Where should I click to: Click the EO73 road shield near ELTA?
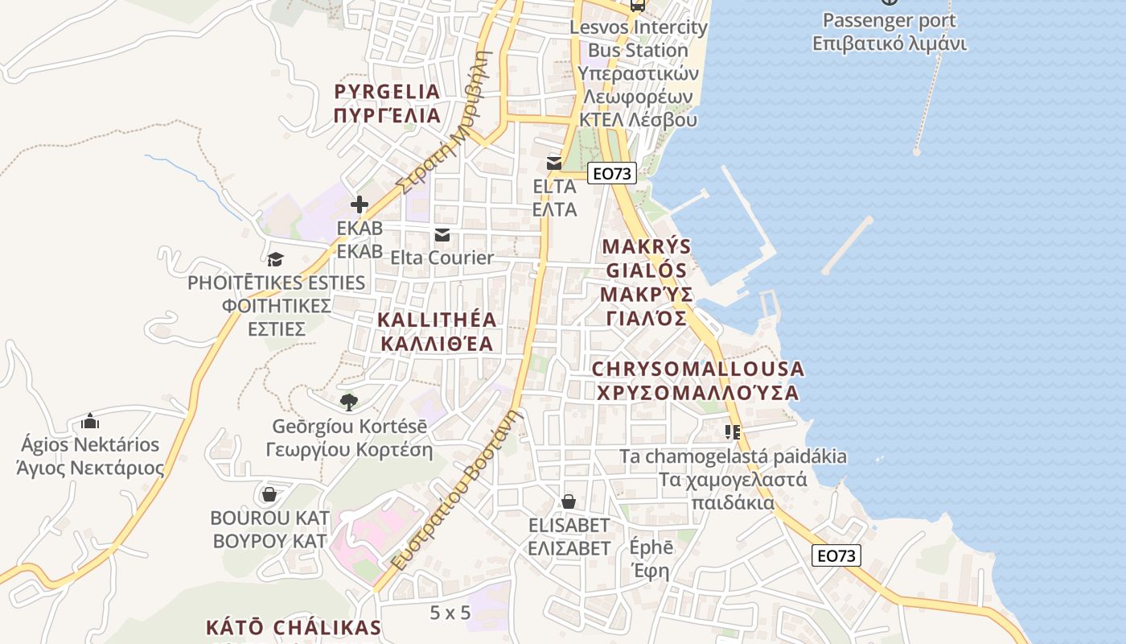point(612,173)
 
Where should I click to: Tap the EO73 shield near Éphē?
point(836,555)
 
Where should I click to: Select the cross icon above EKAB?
point(360,204)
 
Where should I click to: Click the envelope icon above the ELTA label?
point(554,163)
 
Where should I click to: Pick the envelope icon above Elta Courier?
point(442,235)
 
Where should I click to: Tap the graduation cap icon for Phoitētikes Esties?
point(276,259)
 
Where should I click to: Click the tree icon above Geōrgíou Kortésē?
point(348,401)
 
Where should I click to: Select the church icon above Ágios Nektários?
point(90,421)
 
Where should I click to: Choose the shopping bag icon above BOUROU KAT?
point(269,493)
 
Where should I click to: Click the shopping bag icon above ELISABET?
point(569,502)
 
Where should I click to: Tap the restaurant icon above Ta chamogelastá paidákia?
point(732,432)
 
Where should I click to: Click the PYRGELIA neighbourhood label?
point(388,103)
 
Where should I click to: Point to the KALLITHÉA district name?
point(438,332)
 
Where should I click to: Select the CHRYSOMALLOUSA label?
point(697,381)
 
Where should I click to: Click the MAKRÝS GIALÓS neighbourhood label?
point(647,282)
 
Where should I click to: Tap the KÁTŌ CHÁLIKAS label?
point(293,627)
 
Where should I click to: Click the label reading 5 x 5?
point(450,613)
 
